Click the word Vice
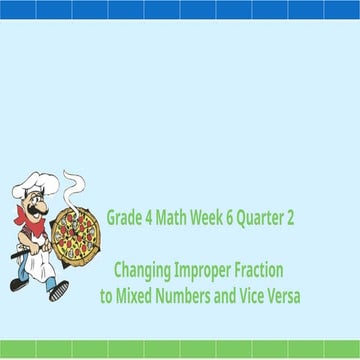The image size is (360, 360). (255, 296)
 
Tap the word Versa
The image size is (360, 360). (287, 296)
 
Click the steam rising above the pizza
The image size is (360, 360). (73, 185)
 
